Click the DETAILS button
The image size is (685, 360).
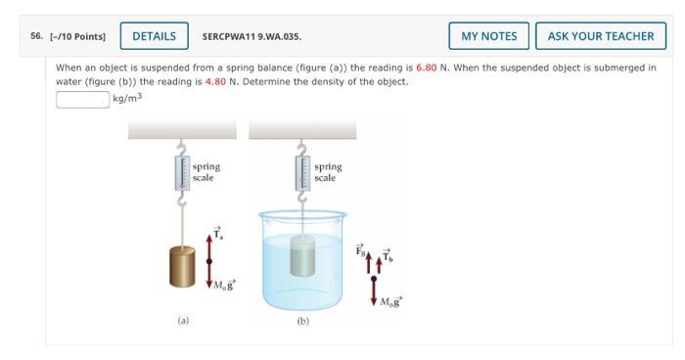coord(155,36)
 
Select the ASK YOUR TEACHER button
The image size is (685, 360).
coord(601,36)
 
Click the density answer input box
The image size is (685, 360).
coord(82,99)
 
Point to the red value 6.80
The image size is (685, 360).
coord(427,67)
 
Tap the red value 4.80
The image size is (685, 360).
coord(215,82)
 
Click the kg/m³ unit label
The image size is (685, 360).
coord(127,98)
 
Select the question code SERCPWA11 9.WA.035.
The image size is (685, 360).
coord(251,37)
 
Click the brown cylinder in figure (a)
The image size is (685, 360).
coord(182,266)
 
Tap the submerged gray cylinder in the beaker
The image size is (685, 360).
coord(302,255)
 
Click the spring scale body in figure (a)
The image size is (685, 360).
coord(182,173)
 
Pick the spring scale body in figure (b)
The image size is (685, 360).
coord(302,173)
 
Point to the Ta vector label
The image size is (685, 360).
coord(217,233)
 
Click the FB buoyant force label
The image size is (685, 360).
coord(360,249)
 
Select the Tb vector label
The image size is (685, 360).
coord(388,255)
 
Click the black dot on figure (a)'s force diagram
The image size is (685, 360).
coord(208,261)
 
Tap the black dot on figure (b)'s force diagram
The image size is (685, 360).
coord(374,278)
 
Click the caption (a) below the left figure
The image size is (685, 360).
coord(183,321)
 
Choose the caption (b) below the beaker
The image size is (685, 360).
coord(302,321)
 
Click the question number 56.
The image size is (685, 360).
coord(37,36)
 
